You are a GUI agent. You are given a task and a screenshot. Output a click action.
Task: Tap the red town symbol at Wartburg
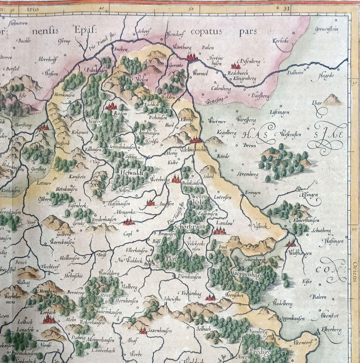[192, 57]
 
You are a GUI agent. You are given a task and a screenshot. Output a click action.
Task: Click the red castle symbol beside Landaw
[219, 231]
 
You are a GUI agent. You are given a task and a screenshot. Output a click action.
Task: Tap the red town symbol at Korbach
[49, 319]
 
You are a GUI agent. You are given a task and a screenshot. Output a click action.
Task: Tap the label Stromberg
[247, 175]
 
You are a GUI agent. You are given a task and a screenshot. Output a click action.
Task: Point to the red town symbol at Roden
[111, 107]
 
